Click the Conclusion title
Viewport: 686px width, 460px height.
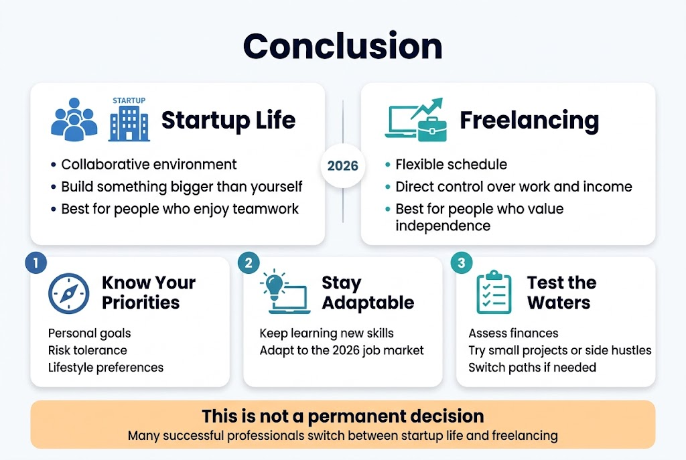coord(342,46)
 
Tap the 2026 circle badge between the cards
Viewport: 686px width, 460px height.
coord(343,165)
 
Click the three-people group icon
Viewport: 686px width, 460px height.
coord(74,121)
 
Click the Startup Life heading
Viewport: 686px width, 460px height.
coord(228,121)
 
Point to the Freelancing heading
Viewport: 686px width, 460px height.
coord(529,121)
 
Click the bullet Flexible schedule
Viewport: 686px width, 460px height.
coord(451,165)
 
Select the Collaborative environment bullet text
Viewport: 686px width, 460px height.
coord(149,164)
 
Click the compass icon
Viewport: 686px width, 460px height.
coord(68,293)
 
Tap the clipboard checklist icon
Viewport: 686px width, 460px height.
coord(494,293)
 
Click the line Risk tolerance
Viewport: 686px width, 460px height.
coord(87,350)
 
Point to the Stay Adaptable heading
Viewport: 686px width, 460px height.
coord(367,293)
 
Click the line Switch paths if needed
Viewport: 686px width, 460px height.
coord(532,368)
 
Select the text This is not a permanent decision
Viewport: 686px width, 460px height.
coord(342,416)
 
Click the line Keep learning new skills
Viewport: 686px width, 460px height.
coord(326,333)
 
